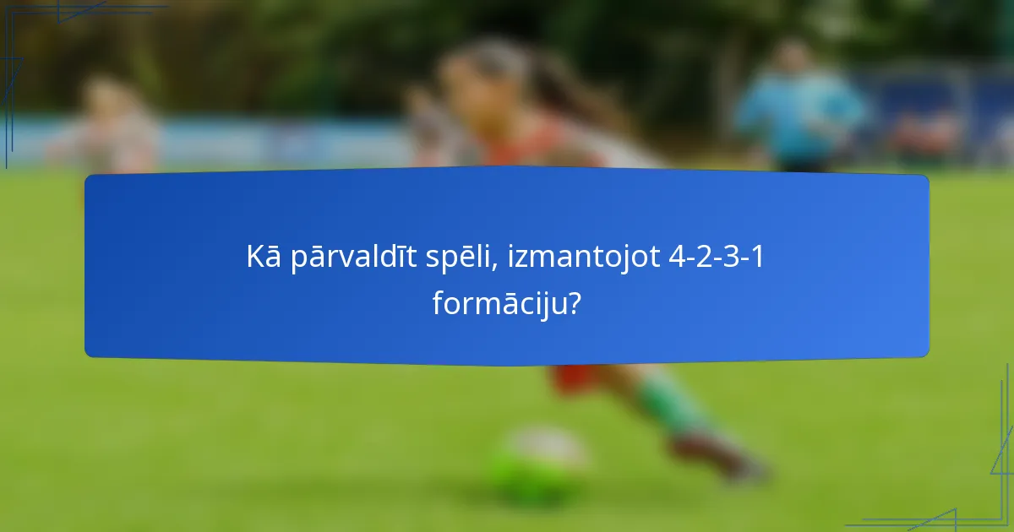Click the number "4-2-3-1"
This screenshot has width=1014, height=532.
716,258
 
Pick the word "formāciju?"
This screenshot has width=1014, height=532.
506,303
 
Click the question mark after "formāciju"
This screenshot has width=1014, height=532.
574,303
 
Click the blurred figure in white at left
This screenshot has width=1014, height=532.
110,127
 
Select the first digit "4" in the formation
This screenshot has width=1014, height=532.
675,258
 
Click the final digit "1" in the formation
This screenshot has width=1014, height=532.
758,258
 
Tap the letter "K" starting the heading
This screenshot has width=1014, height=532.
255,258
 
